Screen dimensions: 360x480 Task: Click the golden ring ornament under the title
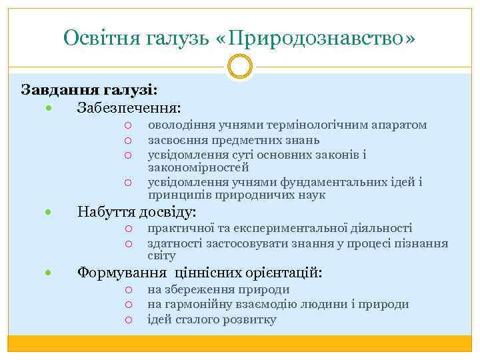tap(240, 67)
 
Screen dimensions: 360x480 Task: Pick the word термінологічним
tap(311, 125)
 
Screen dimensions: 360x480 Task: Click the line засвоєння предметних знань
tap(233, 140)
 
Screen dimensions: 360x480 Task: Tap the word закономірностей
tap(198, 167)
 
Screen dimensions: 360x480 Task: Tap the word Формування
tap(122, 273)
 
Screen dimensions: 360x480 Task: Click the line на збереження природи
tap(218, 289)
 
